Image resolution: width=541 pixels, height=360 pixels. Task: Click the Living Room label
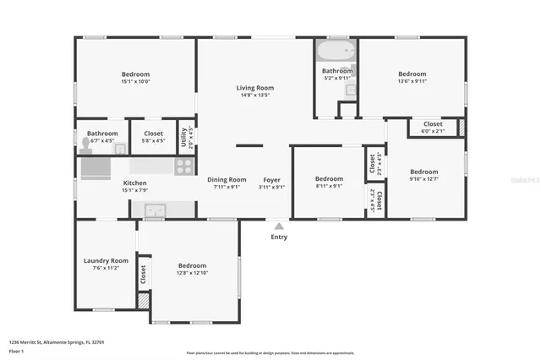[254, 88]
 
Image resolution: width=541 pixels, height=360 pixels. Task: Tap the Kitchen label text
[135, 183]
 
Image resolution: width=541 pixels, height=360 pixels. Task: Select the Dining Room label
[227, 179]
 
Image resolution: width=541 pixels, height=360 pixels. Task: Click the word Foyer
[271, 179]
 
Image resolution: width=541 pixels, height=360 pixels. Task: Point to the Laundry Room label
[106, 260]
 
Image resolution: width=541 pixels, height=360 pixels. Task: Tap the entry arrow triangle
[279, 226]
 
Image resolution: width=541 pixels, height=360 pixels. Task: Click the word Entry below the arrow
[279, 237]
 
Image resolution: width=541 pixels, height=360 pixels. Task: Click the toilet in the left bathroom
[87, 145]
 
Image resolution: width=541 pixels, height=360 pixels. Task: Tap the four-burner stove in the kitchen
[184, 166]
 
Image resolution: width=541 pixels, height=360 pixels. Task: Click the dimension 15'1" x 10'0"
[135, 82]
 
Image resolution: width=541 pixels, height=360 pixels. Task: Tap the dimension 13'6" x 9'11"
[413, 82]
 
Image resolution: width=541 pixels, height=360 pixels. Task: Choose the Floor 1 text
[17, 350]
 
